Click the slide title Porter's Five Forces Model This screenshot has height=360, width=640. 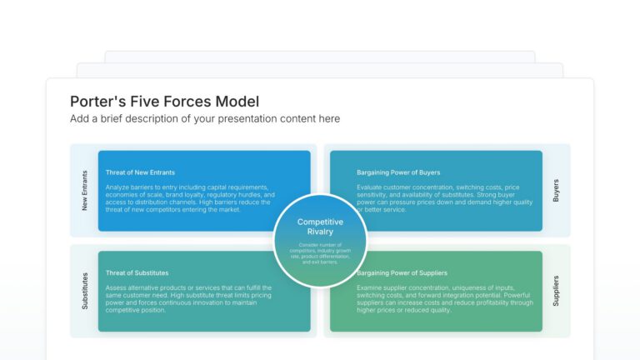point(164,101)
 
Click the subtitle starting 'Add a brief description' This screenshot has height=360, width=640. point(205,119)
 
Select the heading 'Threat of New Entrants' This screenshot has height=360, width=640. point(140,172)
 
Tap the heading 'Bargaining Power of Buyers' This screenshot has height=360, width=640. point(398,172)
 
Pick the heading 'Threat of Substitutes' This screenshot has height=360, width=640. point(137,272)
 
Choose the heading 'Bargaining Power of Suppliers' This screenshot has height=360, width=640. point(402,272)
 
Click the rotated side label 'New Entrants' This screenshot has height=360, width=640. point(85,190)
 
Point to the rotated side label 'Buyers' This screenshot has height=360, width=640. point(556,190)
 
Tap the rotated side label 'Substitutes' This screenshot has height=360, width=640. point(85,291)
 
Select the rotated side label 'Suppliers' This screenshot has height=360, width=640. point(556,291)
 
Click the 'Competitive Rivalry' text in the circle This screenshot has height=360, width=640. point(320,227)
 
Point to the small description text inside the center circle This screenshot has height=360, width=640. point(320,253)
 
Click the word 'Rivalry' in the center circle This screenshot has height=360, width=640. point(320,232)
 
